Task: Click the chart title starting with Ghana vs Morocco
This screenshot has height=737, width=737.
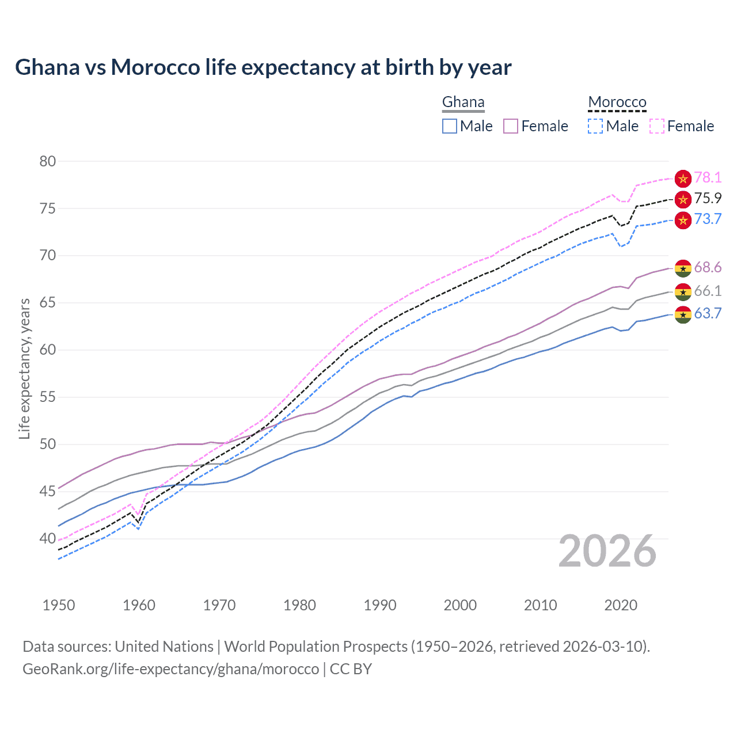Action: pyautogui.click(x=263, y=67)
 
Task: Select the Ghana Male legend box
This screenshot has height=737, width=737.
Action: pyautogui.click(x=450, y=126)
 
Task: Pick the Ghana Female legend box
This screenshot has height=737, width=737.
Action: pyautogui.click(x=511, y=126)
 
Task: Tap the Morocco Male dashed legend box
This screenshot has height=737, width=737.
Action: pyautogui.click(x=595, y=126)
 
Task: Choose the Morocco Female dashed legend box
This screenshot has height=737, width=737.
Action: pyautogui.click(x=657, y=126)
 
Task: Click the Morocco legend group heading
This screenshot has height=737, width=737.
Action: pyautogui.click(x=617, y=102)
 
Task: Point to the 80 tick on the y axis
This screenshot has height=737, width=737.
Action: pyautogui.click(x=48, y=161)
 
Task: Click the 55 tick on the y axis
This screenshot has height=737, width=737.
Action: pyautogui.click(x=48, y=397)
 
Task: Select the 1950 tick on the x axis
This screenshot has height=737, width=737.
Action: pyautogui.click(x=59, y=605)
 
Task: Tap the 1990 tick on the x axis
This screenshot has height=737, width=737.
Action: pyautogui.click(x=380, y=605)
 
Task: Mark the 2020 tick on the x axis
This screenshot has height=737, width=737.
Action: pyautogui.click(x=621, y=605)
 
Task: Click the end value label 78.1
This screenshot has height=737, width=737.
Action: pyautogui.click(x=708, y=178)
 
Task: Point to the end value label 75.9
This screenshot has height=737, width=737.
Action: pyautogui.click(x=708, y=199)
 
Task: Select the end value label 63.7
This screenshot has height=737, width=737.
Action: pyautogui.click(x=708, y=314)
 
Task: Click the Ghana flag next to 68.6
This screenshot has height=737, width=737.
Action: pyautogui.click(x=683, y=268)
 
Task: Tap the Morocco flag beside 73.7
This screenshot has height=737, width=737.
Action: pyautogui.click(x=683, y=220)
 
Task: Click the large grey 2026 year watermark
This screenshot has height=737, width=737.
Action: pyautogui.click(x=607, y=551)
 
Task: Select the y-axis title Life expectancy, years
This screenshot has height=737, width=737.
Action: pyautogui.click(x=25, y=368)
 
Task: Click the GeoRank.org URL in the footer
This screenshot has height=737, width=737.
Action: pyautogui.click(x=170, y=669)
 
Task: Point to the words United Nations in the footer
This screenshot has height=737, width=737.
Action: pyautogui.click(x=164, y=647)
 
